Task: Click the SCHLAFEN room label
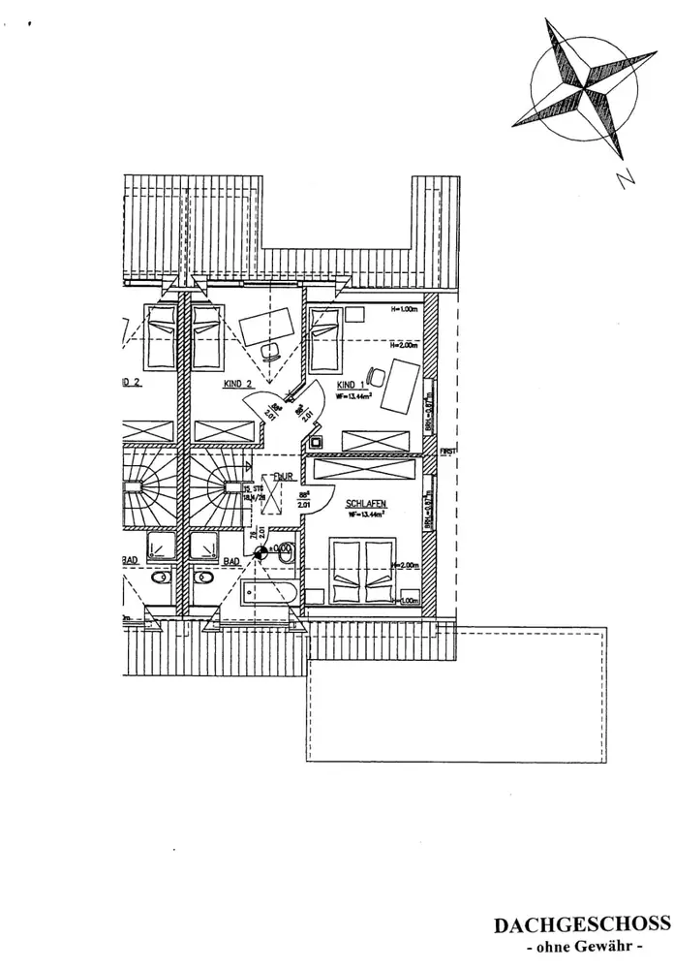366,504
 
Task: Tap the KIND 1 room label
352,384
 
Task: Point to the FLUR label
285,476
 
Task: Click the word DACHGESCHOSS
582,924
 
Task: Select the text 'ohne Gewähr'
582,946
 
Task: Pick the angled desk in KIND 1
399,386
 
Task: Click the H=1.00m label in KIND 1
403,310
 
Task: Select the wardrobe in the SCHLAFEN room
367,470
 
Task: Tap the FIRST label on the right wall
448,452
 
